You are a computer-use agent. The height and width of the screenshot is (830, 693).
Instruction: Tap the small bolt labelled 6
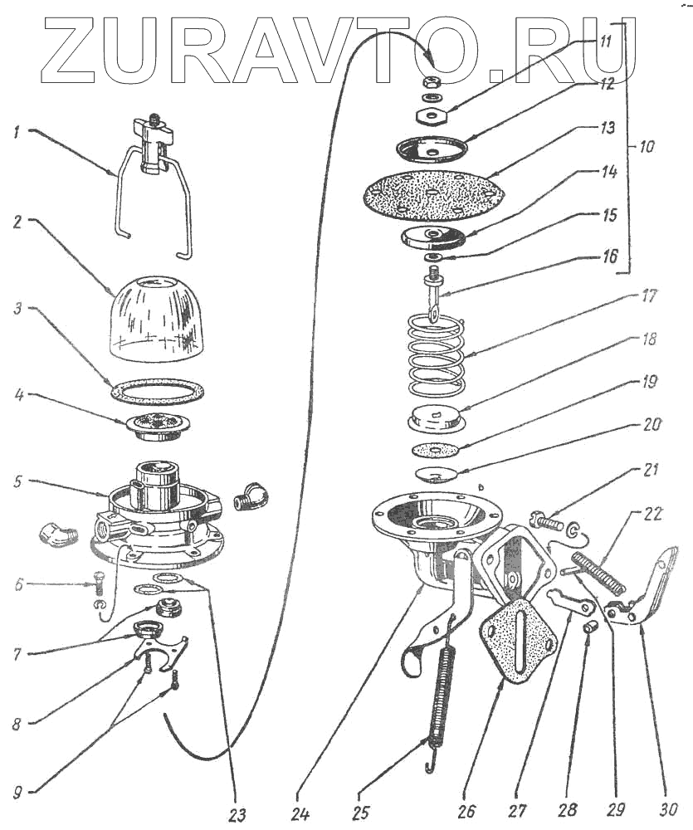click(x=99, y=592)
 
